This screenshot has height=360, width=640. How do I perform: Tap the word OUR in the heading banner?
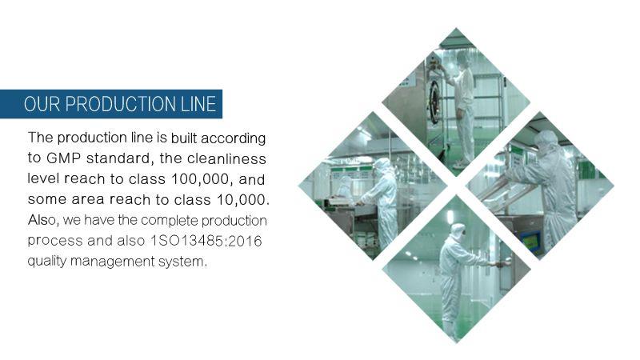coord(42,104)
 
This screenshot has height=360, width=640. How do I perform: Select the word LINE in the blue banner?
coord(198,104)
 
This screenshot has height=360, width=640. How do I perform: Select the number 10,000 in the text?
coord(243,200)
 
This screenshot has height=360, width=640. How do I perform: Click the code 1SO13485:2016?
coord(206,241)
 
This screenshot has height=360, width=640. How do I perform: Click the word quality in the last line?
coord(47,262)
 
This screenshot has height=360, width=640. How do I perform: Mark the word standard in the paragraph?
coord(120,158)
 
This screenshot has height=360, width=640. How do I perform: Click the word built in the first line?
coord(184,138)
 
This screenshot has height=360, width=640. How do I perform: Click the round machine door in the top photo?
coord(435,97)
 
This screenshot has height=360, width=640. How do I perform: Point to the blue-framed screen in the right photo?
coord(531,241)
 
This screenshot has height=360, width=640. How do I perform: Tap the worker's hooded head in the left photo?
coord(382,166)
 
